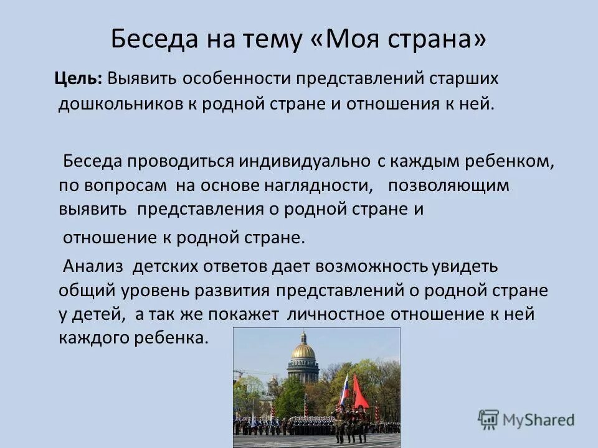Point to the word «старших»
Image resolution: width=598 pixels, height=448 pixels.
(x=463, y=79)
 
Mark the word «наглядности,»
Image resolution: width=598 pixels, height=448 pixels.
(x=314, y=185)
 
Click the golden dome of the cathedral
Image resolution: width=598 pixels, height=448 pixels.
(x=303, y=350)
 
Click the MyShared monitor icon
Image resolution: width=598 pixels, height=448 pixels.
(x=488, y=419)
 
